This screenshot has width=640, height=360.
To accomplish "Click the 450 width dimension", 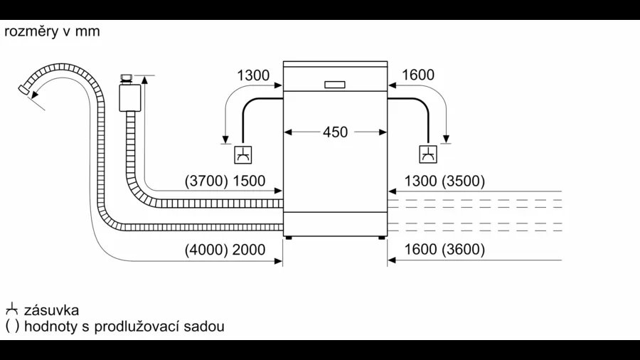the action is tap(335, 132).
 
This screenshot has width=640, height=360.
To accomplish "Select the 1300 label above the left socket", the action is tap(253, 75).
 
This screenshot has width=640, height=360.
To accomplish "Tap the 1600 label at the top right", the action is tap(418, 75).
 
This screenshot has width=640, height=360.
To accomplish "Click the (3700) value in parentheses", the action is tap(206, 181).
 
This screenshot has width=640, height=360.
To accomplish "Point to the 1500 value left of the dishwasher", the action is tap(249, 181).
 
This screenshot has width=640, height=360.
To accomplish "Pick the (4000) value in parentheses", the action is tap(206, 250).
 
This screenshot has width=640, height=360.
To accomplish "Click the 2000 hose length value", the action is tap(249, 250).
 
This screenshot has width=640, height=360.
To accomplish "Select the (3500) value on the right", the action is tap(464, 181).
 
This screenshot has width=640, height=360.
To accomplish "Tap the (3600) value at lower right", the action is tap(464, 250).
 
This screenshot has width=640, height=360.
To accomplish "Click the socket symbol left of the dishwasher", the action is tap(243, 154).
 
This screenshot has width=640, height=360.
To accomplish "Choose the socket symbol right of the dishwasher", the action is tap(428, 154).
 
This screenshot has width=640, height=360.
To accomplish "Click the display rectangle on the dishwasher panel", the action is tap(335, 85).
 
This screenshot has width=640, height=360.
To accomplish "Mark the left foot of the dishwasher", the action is tap(289, 237).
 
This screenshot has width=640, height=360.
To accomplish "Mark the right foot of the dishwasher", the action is tap(382, 237).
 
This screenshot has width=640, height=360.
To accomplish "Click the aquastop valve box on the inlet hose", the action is tap(130, 97).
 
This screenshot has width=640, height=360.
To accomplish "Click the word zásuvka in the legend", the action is tap(51, 310).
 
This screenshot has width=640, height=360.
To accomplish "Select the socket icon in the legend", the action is tap(12, 309).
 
